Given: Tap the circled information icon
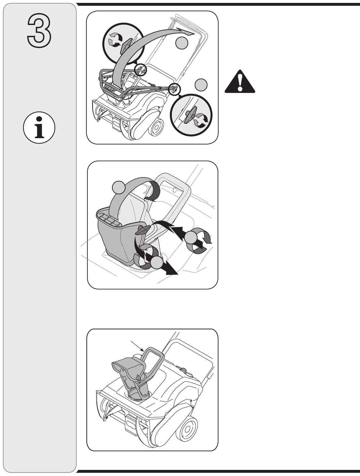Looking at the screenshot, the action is (39, 127).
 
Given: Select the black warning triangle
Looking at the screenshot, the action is (240, 81).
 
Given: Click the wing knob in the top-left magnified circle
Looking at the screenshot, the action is (126, 46).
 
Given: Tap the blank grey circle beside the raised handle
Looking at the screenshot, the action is (181, 43).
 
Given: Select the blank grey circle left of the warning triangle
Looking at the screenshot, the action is (201, 85).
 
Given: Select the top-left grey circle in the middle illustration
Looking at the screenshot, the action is (119, 187).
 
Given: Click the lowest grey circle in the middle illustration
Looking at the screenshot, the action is (157, 263).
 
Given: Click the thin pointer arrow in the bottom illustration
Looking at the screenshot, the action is (137, 346).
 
